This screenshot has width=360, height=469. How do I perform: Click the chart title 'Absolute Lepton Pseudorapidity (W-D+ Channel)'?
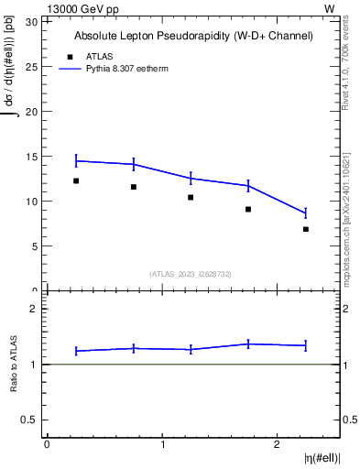click(193, 36)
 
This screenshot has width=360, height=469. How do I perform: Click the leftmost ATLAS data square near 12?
click(76, 180)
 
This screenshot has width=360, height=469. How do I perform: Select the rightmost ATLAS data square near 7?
click(306, 229)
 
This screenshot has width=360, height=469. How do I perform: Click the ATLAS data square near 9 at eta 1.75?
click(248, 209)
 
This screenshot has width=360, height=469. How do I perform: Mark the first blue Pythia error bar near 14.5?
click(76, 160)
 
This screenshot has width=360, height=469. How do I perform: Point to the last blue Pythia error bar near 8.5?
click(306, 213)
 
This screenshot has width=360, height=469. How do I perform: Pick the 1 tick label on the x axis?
click(162, 444)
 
